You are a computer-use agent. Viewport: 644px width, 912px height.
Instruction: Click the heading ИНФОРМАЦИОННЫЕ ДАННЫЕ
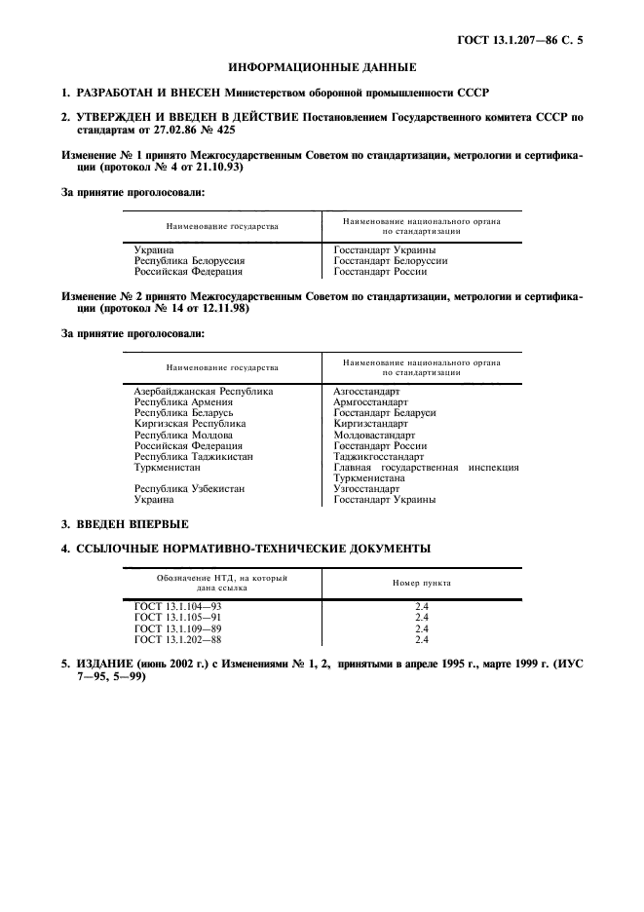[x=322, y=67]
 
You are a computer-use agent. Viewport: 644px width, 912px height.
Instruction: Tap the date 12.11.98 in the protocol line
[x=222, y=307]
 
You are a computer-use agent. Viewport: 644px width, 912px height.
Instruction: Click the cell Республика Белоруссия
[x=189, y=261]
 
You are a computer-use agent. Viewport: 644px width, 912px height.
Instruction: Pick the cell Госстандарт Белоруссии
[x=390, y=261]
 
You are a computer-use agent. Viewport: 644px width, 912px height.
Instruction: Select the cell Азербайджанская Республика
[x=203, y=391]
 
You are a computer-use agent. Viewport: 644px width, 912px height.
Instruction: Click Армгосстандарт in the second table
[x=373, y=401]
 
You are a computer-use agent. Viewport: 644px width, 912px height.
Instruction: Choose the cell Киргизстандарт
[x=370, y=424]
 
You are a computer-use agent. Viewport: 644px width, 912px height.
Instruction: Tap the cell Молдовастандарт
[x=375, y=435]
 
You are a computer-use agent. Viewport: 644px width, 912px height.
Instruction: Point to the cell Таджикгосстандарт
[x=378, y=456]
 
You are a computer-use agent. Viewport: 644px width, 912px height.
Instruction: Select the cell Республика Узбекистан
[x=189, y=489]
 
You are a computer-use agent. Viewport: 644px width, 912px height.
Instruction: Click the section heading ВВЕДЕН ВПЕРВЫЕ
[x=133, y=524]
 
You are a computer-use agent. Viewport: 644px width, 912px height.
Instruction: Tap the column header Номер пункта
[x=421, y=583]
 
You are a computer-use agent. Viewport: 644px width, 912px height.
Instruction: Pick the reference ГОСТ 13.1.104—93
[x=178, y=606]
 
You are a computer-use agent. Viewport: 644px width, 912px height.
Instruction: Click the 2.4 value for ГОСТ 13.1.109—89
[x=422, y=628]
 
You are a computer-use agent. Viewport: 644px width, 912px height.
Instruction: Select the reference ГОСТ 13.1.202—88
[x=178, y=640]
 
